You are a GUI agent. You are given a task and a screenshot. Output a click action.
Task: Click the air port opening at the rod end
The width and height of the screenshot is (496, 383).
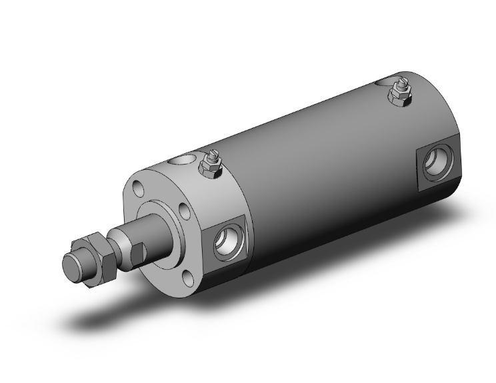point(227,243)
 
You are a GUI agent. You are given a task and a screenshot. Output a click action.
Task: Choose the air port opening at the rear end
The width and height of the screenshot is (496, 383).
point(438,161)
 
